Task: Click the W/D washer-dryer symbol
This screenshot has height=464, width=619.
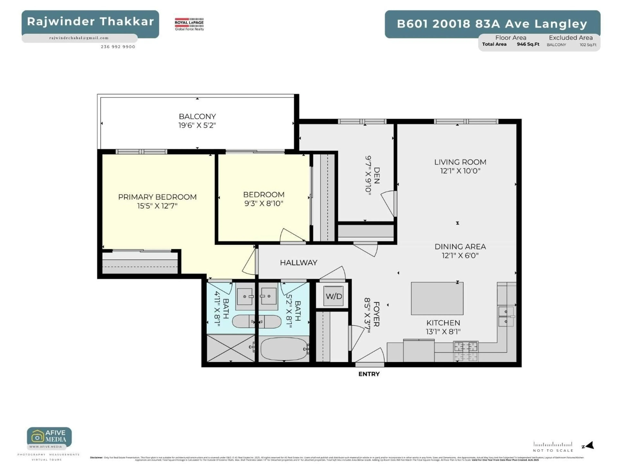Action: tap(334, 296)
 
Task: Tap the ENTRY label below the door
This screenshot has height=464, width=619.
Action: tap(369, 374)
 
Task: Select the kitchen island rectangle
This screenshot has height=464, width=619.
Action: tap(437, 298)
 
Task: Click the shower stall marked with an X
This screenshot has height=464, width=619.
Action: tap(231, 348)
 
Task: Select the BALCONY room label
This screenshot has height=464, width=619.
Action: tap(197, 116)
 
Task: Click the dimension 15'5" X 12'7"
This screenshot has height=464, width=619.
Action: tap(157, 206)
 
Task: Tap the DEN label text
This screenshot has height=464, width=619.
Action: tap(377, 175)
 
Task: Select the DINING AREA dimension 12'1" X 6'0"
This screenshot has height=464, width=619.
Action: tap(460, 255)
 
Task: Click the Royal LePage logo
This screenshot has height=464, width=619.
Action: tap(189, 24)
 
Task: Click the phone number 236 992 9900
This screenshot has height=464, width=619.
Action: tap(118, 47)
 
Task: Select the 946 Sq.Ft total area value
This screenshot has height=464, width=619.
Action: tap(528, 44)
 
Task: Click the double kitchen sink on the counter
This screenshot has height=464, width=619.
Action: tap(506, 316)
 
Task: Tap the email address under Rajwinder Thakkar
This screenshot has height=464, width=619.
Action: tap(79, 38)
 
